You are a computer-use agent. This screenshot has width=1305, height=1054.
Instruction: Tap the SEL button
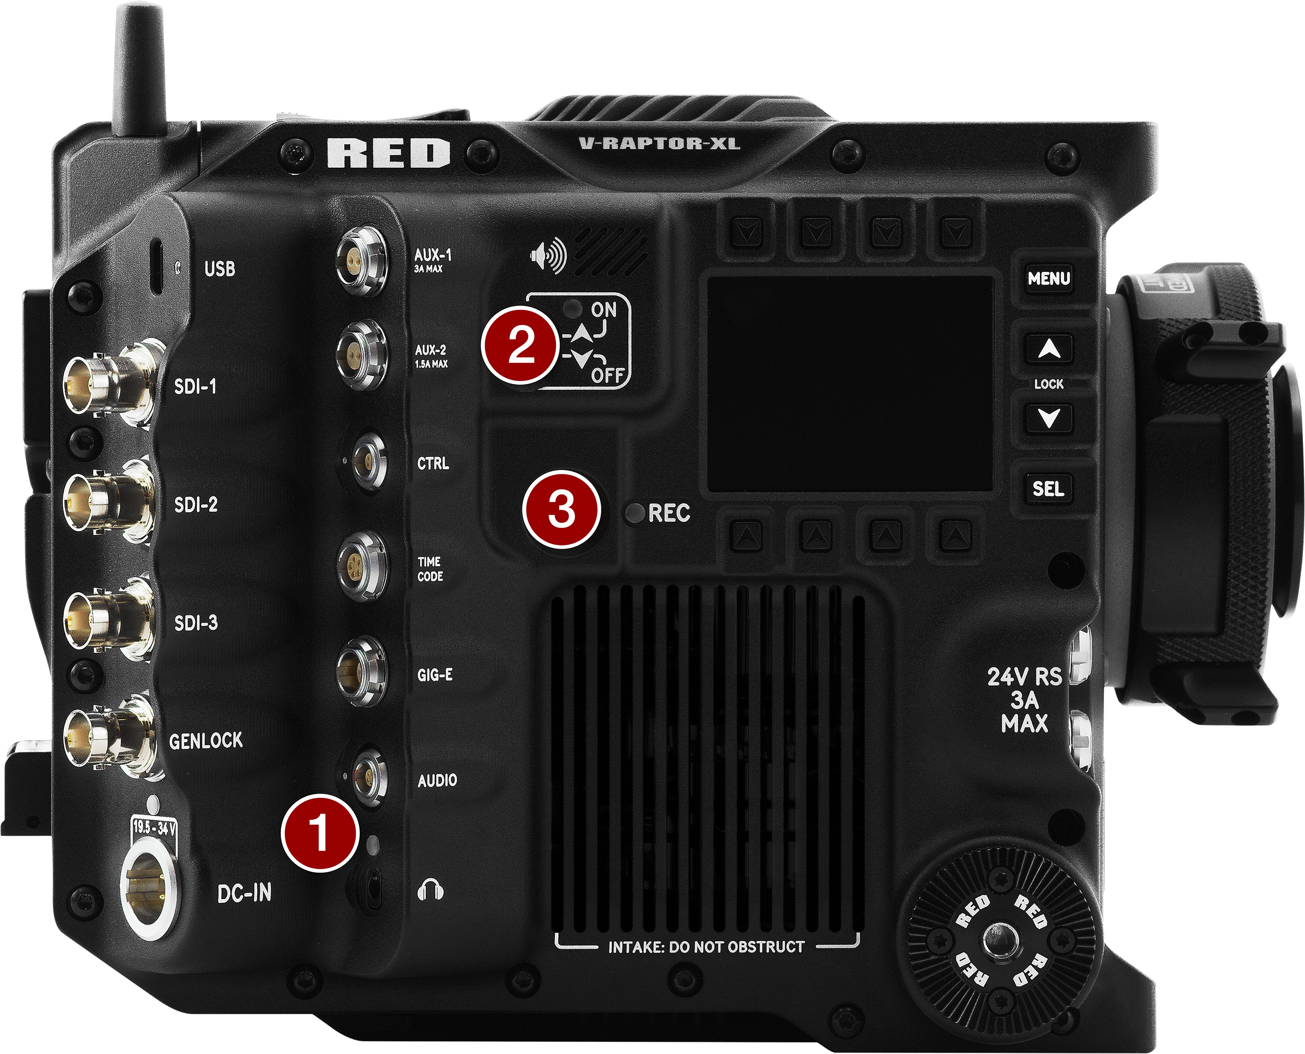[x=1049, y=489]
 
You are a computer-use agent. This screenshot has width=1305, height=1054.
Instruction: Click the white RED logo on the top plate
[x=389, y=153]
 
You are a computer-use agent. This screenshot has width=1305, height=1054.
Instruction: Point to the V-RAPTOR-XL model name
[x=659, y=143]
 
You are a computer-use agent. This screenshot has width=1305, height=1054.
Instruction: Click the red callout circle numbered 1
[x=320, y=832]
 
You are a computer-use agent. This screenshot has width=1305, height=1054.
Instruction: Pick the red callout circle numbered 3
[x=562, y=509]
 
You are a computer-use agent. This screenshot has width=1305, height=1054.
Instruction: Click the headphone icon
[x=430, y=890]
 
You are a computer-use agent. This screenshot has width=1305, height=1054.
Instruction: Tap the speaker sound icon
[x=548, y=256]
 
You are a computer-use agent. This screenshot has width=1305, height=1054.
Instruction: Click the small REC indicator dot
[x=635, y=514]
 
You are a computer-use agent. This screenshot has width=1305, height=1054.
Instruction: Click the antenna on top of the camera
[x=140, y=67]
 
